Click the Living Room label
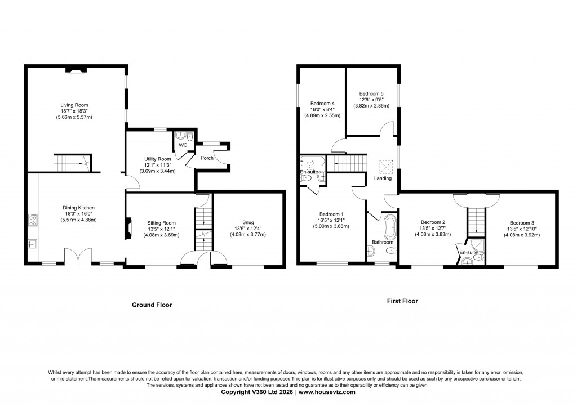click(x=75, y=105)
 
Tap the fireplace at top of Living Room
click(x=76, y=70)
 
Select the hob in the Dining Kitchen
click(x=33, y=220)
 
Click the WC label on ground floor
click(x=183, y=145)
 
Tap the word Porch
click(x=207, y=158)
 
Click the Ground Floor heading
click(x=152, y=305)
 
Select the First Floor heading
click(x=402, y=301)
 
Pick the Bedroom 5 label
click(x=371, y=93)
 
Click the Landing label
click(x=383, y=178)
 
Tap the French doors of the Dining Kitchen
click(x=77, y=257)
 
